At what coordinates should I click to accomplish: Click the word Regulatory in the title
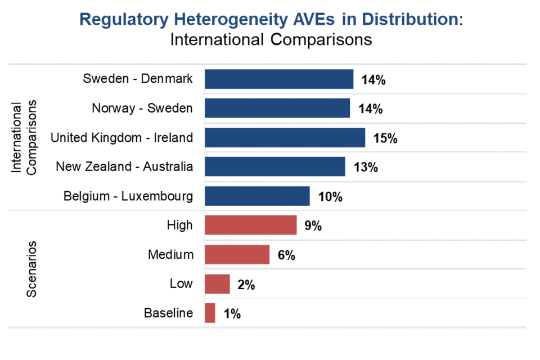click(x=116, y=20)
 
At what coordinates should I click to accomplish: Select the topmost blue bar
click(x=279, y=79)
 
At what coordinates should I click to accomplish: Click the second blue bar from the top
click(x=277, y=108)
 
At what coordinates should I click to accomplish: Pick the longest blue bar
click(x=285, y=138)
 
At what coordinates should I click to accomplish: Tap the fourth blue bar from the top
click(x=275, y=166)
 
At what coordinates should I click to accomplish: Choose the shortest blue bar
click(x=257, y=196)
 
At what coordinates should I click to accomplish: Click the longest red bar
click(x=251, y=225)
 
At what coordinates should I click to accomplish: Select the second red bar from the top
click(x=237, y=254)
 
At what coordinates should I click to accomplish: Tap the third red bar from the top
click(x=218, y=283)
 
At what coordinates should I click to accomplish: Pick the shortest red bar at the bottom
click(x=210, y=313)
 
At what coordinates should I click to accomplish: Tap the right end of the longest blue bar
click(x=364, y=138)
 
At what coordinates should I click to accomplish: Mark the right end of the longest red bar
click(x=295, y=225)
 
